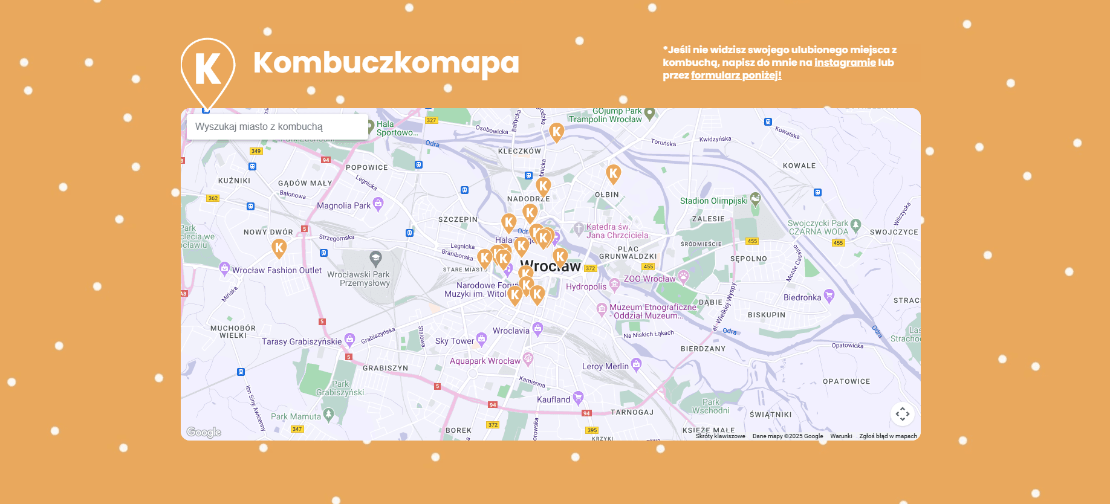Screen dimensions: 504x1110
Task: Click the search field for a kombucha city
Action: (277, 127)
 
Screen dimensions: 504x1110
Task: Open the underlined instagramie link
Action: (845, 62)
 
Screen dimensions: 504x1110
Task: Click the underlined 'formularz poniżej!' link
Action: (736, 75)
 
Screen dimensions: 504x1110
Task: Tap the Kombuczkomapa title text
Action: (386, 62)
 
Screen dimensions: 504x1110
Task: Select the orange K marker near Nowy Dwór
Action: (279, 247)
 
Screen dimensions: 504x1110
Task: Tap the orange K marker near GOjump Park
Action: (556, 131)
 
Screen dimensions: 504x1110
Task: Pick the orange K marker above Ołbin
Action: (613, 173)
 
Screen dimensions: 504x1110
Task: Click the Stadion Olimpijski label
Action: (713, 201)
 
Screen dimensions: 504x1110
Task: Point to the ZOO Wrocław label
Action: (649, 279)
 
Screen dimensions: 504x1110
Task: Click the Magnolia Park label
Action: (343, 205)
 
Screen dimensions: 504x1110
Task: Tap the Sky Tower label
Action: (455, 341)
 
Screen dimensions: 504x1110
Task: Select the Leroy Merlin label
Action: (605, 366)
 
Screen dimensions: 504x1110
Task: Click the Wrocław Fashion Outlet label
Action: (277, 270)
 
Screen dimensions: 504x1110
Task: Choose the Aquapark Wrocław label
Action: (485, 361)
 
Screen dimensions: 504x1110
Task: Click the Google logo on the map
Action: (204, 432)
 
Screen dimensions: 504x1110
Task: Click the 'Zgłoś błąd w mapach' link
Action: (888, 436)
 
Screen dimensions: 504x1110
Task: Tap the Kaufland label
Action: (553, 399)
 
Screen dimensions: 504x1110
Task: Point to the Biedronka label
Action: (802, 297)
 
